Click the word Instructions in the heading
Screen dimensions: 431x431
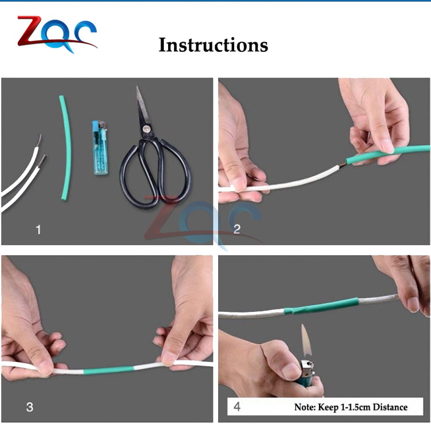pyautogui.click(x=213, y=45)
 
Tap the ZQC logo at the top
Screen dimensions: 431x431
pyautogui.click(x=57, y=34)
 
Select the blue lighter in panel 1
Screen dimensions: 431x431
pyautogui.click(x=100, y=147)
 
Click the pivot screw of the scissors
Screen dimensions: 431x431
pyautogui.click(x=146, y=128)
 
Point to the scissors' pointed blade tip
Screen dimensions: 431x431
pyautogui.click(x=137, y=87)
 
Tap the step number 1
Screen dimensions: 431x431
pyautogui.click(x=38, y=230)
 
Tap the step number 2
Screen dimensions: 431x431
pyautogui.click(x=237, y=229)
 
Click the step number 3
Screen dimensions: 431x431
pyautogui.click(x=30, y=407)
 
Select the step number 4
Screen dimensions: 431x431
pyautogui.click(x=237, y=406)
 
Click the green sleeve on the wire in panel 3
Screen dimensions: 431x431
pyautogui.click(x=109, y=370)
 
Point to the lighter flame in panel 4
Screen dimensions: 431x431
pyautogui.click(x=306, y=341)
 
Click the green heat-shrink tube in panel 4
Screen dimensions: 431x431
pyautogui.click(x=321, y=306)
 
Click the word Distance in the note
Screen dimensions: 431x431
pyautogui.click(x=390, y=407)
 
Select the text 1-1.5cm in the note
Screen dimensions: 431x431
pyautogui.click(x=356, y=407)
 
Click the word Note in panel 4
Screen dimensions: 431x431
pyautogui.click(x=304, y=407)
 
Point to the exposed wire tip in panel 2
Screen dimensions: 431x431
pyautogui.click(x=343, y=165)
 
